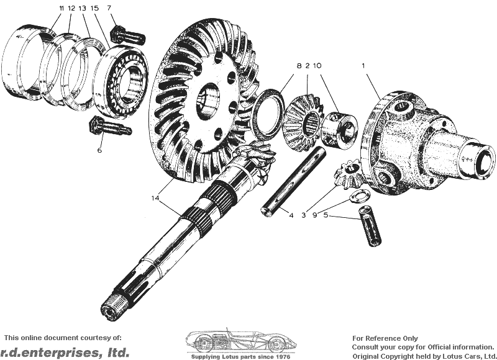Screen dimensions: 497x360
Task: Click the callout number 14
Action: point(155,198)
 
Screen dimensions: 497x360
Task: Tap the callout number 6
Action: point(99,150)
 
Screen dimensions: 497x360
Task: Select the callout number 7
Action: point(109,7)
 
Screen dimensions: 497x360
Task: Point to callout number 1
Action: point(363,66)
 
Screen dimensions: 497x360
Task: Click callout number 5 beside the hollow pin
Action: point(326,215)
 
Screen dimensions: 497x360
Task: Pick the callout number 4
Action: point(291,215)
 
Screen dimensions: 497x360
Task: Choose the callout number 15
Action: point(95,8)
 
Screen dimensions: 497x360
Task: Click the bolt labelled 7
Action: point(127,34)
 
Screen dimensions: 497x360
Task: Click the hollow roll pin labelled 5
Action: point(370,225)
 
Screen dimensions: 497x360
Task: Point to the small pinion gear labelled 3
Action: point(348,174)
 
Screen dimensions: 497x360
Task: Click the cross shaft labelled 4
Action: point(293,182)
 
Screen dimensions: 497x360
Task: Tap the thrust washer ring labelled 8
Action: point(268,111)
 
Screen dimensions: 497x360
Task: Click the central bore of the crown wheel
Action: point(208,102)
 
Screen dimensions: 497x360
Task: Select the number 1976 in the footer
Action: point(283,356)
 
